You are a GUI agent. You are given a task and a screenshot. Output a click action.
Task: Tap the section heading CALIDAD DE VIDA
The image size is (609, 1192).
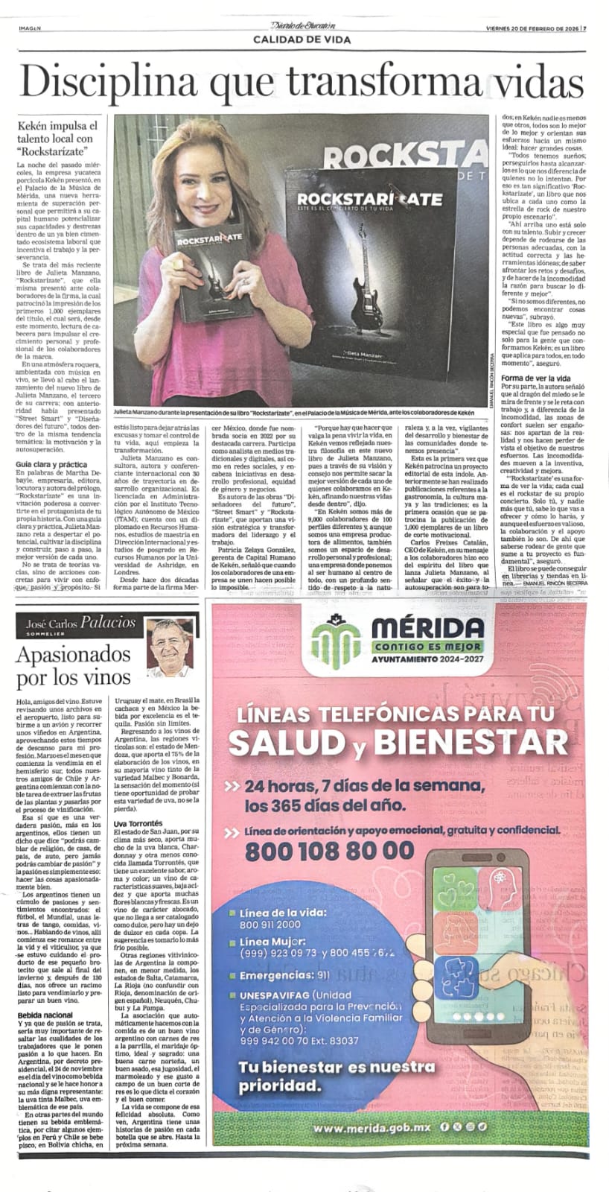(x=302, y=39)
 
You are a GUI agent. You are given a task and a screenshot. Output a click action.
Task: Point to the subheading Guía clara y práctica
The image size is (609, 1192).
(x=51, y=464)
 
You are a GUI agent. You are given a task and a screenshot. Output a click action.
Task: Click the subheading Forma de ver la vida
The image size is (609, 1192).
(x=535, y=378)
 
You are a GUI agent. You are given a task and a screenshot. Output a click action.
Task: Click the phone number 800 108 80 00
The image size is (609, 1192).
(x=329, y=851)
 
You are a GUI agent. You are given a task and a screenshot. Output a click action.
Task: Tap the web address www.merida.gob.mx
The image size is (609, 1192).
(x=374, y=1127)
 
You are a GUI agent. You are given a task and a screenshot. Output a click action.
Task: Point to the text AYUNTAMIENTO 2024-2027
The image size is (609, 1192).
(x=426, y=660)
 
